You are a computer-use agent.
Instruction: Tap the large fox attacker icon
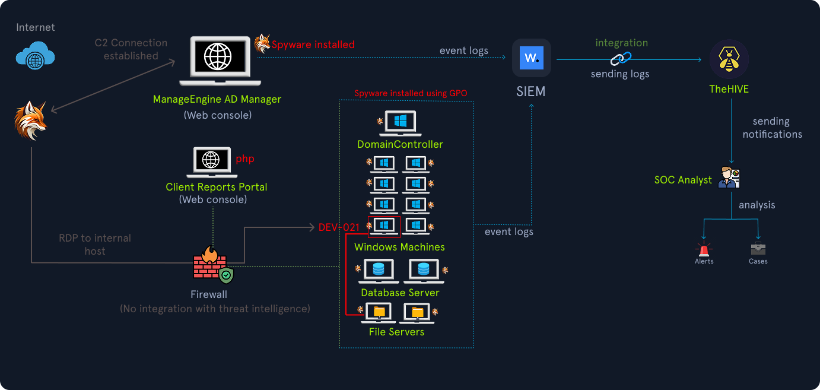point(30,121)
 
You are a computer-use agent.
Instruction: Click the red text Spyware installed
point(313,45)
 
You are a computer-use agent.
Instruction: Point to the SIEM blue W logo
point(532,58)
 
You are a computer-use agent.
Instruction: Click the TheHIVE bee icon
point(729,59)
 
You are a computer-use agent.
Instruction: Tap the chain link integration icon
point(621,58)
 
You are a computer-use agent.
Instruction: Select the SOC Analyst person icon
point(729,177)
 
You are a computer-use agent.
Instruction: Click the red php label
point(244,159)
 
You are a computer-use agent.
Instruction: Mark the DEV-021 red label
point(339,227)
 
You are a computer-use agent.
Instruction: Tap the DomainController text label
point(400,144)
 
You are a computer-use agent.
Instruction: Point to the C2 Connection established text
point(131,49)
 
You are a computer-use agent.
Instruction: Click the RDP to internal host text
point(95,245)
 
